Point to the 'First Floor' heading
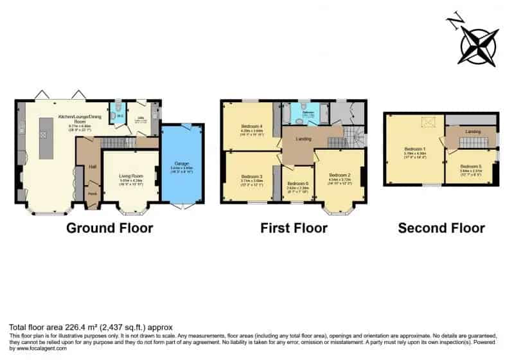point(294,228)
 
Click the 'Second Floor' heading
point(441,228)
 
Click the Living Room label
point(130,175)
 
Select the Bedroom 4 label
point(247,125)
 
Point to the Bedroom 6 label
point(297,183)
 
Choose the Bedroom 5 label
point(470,165)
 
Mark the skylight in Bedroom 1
point(425,122)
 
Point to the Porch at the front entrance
point(92,194)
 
